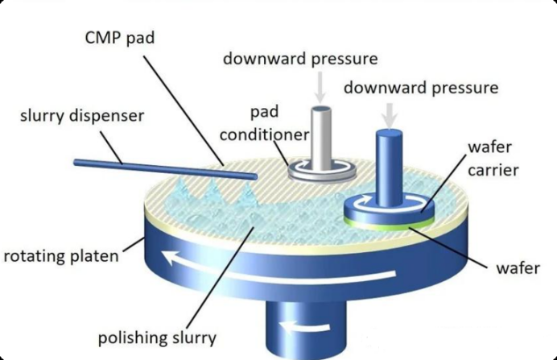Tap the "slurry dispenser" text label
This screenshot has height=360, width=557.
click(82, 115)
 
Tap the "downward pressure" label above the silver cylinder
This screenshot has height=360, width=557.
click(300, 60)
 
